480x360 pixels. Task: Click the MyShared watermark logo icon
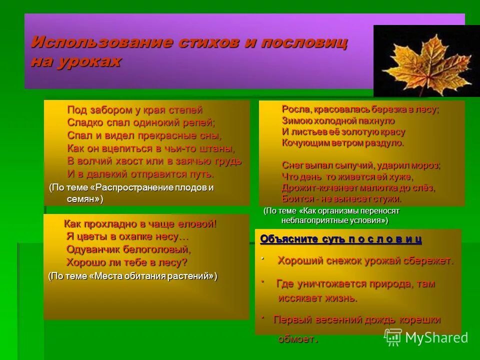(x=392, y=337)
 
